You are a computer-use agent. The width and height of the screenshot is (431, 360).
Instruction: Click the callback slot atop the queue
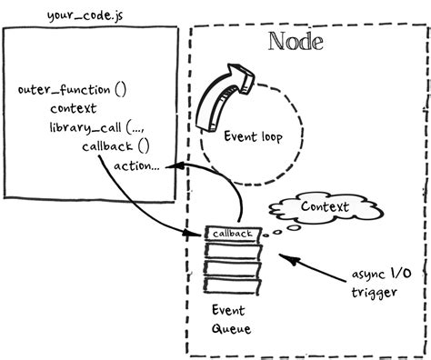click(x=233, y=235)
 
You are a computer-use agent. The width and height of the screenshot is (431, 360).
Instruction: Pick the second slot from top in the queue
click(x=233, y=251)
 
